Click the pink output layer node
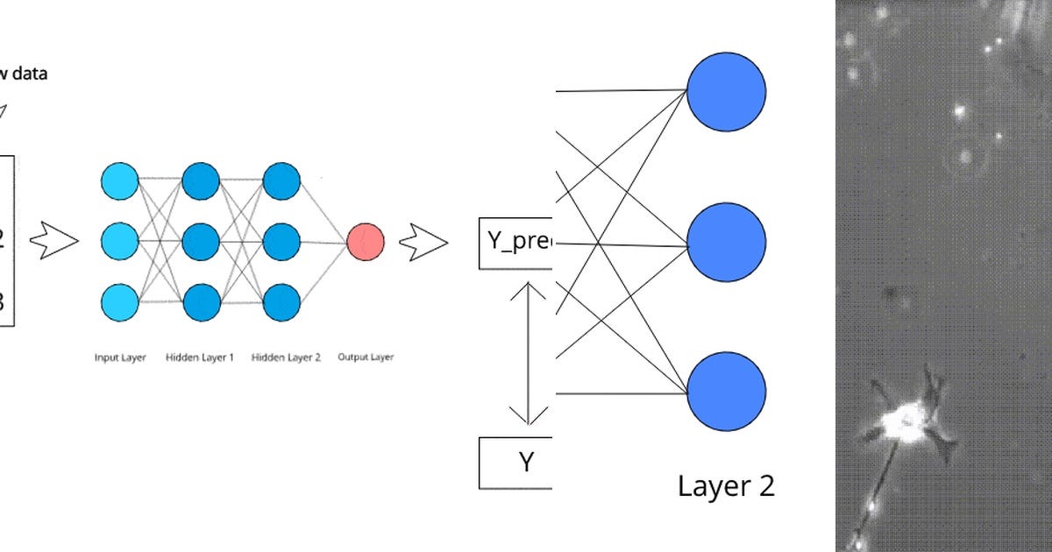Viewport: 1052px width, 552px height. point(365,241)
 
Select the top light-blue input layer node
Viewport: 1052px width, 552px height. point(119,182)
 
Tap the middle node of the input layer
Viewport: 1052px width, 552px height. point(119,241)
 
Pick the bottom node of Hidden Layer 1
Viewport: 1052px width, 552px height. point(201,301)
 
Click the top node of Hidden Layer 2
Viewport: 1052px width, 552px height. point(281,182)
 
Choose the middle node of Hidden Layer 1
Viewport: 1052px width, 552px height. point(201,241)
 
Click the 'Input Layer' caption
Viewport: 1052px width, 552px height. point(120,357)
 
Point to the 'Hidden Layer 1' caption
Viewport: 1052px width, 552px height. point(199,357)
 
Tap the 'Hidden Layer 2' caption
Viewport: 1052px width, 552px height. point(286,357)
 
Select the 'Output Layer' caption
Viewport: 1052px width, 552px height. point(366,357)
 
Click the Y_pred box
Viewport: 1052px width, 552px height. point(515,242)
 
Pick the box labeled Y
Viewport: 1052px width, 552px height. point(515,462)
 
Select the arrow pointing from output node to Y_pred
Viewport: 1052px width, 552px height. point(423,243)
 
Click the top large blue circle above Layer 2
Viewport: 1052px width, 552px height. point(726,90)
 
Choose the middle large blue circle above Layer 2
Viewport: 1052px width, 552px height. point(726,243)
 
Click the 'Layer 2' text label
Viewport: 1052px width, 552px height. point(726,486)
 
